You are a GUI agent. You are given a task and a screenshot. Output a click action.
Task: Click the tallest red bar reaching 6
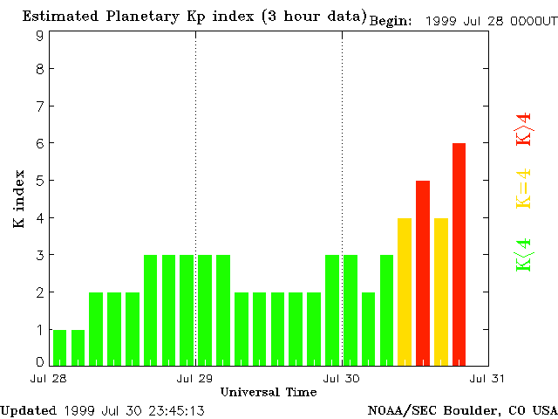click(x=459, y=253)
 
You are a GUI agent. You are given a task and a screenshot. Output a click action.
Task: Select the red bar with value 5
click(x=423, y=272)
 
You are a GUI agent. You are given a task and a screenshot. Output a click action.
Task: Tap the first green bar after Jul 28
click(x=59, y=347)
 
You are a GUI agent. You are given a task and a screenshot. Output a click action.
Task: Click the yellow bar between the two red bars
click(x=440, y=291)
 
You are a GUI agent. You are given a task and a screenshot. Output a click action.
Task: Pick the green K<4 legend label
click(x=523, y=255)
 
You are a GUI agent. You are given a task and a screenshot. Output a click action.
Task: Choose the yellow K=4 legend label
click(x=523, y=189)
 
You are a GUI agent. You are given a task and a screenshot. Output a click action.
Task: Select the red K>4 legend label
click(x=523, y=128)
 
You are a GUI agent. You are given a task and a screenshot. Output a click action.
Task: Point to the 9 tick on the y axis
click(x=40, y=36)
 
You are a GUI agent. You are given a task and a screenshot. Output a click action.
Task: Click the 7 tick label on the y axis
click(x=40, y=106)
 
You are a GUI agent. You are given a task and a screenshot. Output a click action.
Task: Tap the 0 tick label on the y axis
click(x=40, y=361)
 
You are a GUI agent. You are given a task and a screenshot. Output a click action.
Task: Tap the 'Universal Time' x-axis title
click(x=269, y=393)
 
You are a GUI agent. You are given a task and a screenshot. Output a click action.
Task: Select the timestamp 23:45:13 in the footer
click(x=175, y=410)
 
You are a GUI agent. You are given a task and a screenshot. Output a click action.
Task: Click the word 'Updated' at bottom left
click(x=28, y=410)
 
